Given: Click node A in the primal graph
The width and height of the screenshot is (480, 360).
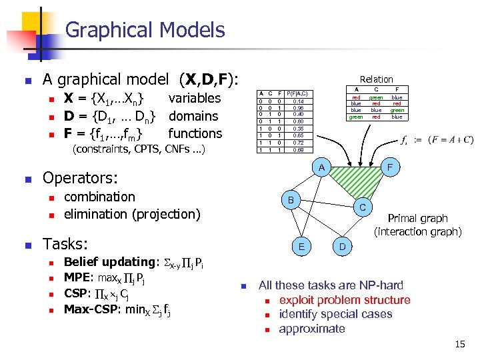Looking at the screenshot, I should click(321, 167).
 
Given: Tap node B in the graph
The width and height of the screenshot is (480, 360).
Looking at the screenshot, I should click(289, 199).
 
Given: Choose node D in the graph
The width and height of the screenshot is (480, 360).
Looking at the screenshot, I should click(341, 247).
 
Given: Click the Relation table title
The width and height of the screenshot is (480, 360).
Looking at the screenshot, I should click(376, 79).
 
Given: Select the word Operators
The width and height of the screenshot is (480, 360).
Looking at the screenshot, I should click(80, 178).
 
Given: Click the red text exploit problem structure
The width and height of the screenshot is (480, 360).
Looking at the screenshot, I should click(344, 300).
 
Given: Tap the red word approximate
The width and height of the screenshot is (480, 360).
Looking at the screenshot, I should click(312, 329).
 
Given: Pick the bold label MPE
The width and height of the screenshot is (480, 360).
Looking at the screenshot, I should click(77, 277).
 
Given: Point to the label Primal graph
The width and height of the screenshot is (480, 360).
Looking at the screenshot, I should click(417, 218).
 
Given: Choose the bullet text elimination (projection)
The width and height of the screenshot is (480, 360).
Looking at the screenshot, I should click(132, 214).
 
